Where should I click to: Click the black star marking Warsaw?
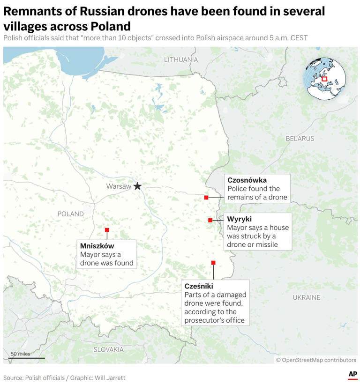click(x=137, y=186)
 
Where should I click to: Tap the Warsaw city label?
click(x=119, y=186)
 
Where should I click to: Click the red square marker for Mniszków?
click(x=107, y=230)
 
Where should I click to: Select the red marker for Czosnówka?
click(x=206, y=198)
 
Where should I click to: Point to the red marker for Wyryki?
click(x=210, y=220)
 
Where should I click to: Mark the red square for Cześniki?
click(x=213, y=263)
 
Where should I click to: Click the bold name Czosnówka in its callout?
click(x=247, y=180)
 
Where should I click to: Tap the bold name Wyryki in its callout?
click(x=239, y=219)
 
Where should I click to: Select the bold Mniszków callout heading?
click(x=97, y=245)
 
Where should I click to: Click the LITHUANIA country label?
click(x=181, y=60)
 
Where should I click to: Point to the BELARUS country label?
click(x=300, y=139)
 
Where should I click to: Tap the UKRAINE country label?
click(x=307, y=297)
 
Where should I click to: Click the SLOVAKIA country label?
click(x=108, y=349)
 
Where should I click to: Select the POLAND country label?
click(x=70, y=214)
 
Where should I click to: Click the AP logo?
click(x=352, y=375)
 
